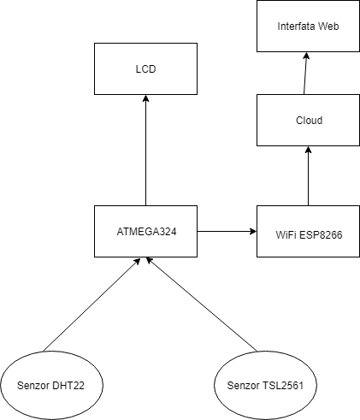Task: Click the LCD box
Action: (145, 68)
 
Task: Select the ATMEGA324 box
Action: (145, 231)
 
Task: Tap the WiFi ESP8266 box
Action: (308, 231)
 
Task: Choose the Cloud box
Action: (308, 120)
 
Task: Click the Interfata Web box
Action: (308, 26)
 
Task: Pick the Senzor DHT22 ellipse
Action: (51, 385)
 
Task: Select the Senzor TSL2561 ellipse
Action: (265, 385)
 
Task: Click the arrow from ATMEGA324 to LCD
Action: (145, 151)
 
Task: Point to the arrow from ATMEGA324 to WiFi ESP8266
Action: (227, 231)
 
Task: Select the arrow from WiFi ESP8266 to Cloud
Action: (308, 176)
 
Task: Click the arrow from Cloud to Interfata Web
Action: (305, 74)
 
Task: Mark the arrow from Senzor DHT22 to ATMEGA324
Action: (91, 305)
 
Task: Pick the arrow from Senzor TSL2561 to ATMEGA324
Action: (201, 305)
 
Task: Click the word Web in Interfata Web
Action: (328, 27)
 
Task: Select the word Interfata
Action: (296, 27)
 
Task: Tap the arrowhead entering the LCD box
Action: (145, 98)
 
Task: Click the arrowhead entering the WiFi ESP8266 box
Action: (253, 231)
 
